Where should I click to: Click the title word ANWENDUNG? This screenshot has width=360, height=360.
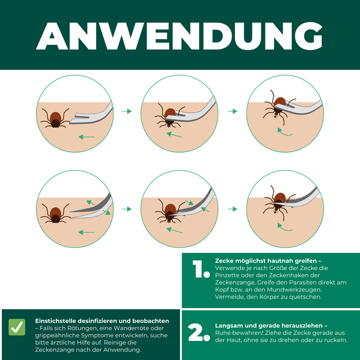[x=179, y=35]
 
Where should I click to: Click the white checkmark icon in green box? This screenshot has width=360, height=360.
[x=17, y=327]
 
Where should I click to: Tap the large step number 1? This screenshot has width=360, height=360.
[x=197, y=270]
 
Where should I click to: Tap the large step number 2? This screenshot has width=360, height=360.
[x=199, y=333]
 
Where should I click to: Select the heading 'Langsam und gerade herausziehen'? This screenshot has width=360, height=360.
[x=271, y=326]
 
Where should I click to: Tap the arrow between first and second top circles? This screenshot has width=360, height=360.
[x=127, y=111]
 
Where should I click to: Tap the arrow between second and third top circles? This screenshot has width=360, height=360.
[x=232, y=111]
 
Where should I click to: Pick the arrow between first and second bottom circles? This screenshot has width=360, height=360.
[x=127, y=209]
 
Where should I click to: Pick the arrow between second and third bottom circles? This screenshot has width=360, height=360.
[x=232, y=209]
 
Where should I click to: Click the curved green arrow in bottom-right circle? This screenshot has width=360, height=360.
[x=285, y=227]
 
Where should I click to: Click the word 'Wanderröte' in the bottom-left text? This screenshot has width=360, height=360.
[x=137, y=328]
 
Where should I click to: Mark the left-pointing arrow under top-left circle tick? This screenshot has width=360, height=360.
[x=87, y=137]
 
